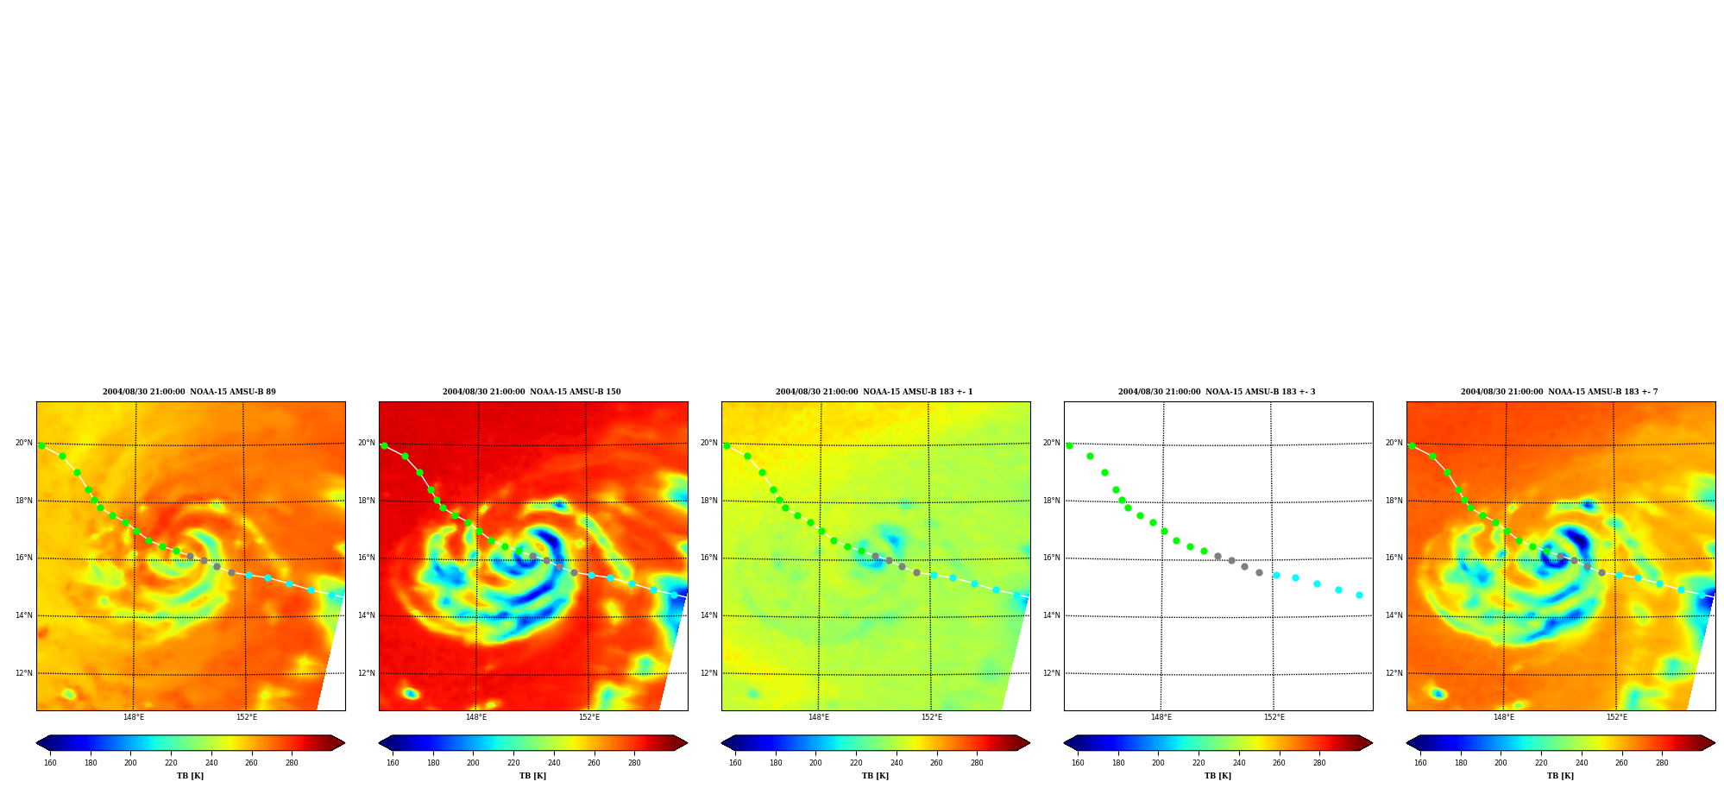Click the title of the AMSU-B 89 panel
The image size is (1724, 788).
[x=190, y=392]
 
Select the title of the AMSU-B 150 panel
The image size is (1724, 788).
[x=532, y=392]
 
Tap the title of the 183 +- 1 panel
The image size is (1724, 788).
[x=874, y=392]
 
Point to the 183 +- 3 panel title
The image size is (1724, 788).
[x=1217, y=392]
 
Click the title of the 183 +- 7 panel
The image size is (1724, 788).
[x=1559, y=392]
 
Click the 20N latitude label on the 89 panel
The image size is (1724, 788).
[x=23, y=443]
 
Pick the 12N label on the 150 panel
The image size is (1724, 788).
[x=366, y=673]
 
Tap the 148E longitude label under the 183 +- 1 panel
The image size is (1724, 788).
[x=819, y=717]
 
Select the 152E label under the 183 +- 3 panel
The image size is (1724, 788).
[x=1274, y=717]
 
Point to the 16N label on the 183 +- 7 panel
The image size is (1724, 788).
[x=1394, y=558]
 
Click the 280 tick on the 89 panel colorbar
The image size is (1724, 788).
[x=292, y=763]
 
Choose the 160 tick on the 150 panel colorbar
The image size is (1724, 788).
[x=393, y=763]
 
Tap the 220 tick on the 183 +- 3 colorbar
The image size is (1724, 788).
[x=1199, y=763]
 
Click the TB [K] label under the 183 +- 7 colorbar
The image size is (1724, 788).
[x=1560, y=776]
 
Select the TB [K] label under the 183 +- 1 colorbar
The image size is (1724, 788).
[x=875, y=776]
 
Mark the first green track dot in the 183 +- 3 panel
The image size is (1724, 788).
[x=1069, y=445]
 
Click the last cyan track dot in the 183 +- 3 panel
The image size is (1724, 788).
[x=1359, y=595]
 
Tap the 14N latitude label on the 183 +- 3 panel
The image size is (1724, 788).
[x=1051, y=615]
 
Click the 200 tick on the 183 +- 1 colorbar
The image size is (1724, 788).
[x=815, y=763]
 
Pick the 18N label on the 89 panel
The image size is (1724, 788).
[x=23, y=501]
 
